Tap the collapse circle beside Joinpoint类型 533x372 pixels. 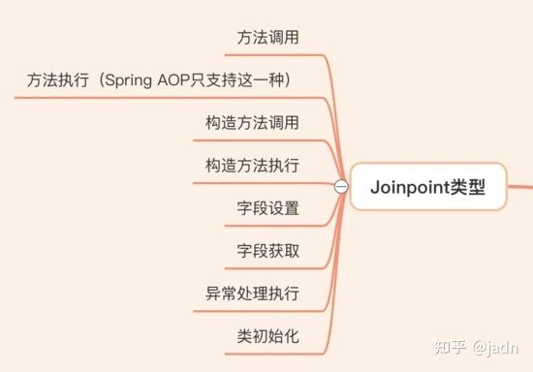pyautogui.click(x=340, y=187)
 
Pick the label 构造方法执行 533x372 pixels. pyautogui.click(x=253, y=165)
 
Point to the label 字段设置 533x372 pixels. pyautogui.click(x=268, y=208)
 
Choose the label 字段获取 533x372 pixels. pyautogui.click(x=268, y=251)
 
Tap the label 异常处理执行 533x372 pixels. pyautogui.click(x=253, y=294)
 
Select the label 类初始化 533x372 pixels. pyautogui.click(x=268, y=336)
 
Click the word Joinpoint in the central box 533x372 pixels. pyautogui.click(x=409, y=188)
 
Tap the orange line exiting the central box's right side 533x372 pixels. pyautogui.click(x=521, y=184)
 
